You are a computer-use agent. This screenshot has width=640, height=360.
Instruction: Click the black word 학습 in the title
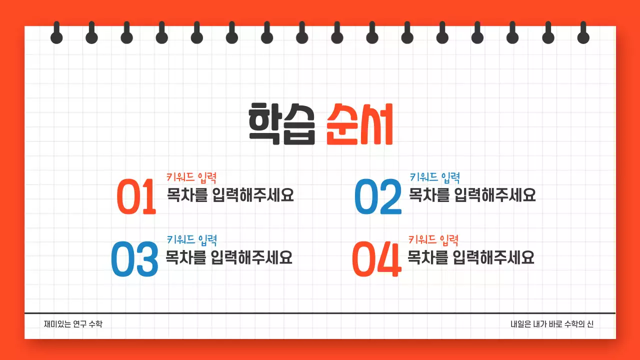coord(281,124)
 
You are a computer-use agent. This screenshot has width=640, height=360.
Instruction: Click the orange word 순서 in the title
coord(359,124)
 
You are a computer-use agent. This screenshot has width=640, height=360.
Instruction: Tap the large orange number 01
coord(136,196)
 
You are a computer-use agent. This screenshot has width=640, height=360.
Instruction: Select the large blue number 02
coord(378,196)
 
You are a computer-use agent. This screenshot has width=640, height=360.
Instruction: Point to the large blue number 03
coord(134,259)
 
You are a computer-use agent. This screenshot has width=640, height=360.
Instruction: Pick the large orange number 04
coord(376,259)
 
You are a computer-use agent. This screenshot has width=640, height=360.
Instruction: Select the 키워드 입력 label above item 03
coord(191,240)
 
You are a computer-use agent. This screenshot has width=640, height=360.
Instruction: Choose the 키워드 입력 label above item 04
coord(433,240)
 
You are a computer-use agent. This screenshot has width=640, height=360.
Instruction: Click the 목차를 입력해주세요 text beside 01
coord(230,194)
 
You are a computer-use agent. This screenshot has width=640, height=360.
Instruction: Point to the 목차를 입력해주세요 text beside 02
coord(472,194)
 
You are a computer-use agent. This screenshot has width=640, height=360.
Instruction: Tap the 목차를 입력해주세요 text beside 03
coord(229,257)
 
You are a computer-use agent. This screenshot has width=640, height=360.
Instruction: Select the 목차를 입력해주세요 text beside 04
coord(471,257)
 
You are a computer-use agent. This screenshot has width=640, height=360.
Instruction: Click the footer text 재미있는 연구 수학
coord(73,324)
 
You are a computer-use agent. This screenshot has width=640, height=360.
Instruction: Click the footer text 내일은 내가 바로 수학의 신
coord(552,324)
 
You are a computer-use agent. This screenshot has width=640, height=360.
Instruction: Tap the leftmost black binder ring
coord(56,34)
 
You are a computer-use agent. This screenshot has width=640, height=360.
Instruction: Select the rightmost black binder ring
coord(583,34)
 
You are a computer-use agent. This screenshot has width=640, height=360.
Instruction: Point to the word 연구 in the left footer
coord(79,324)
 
